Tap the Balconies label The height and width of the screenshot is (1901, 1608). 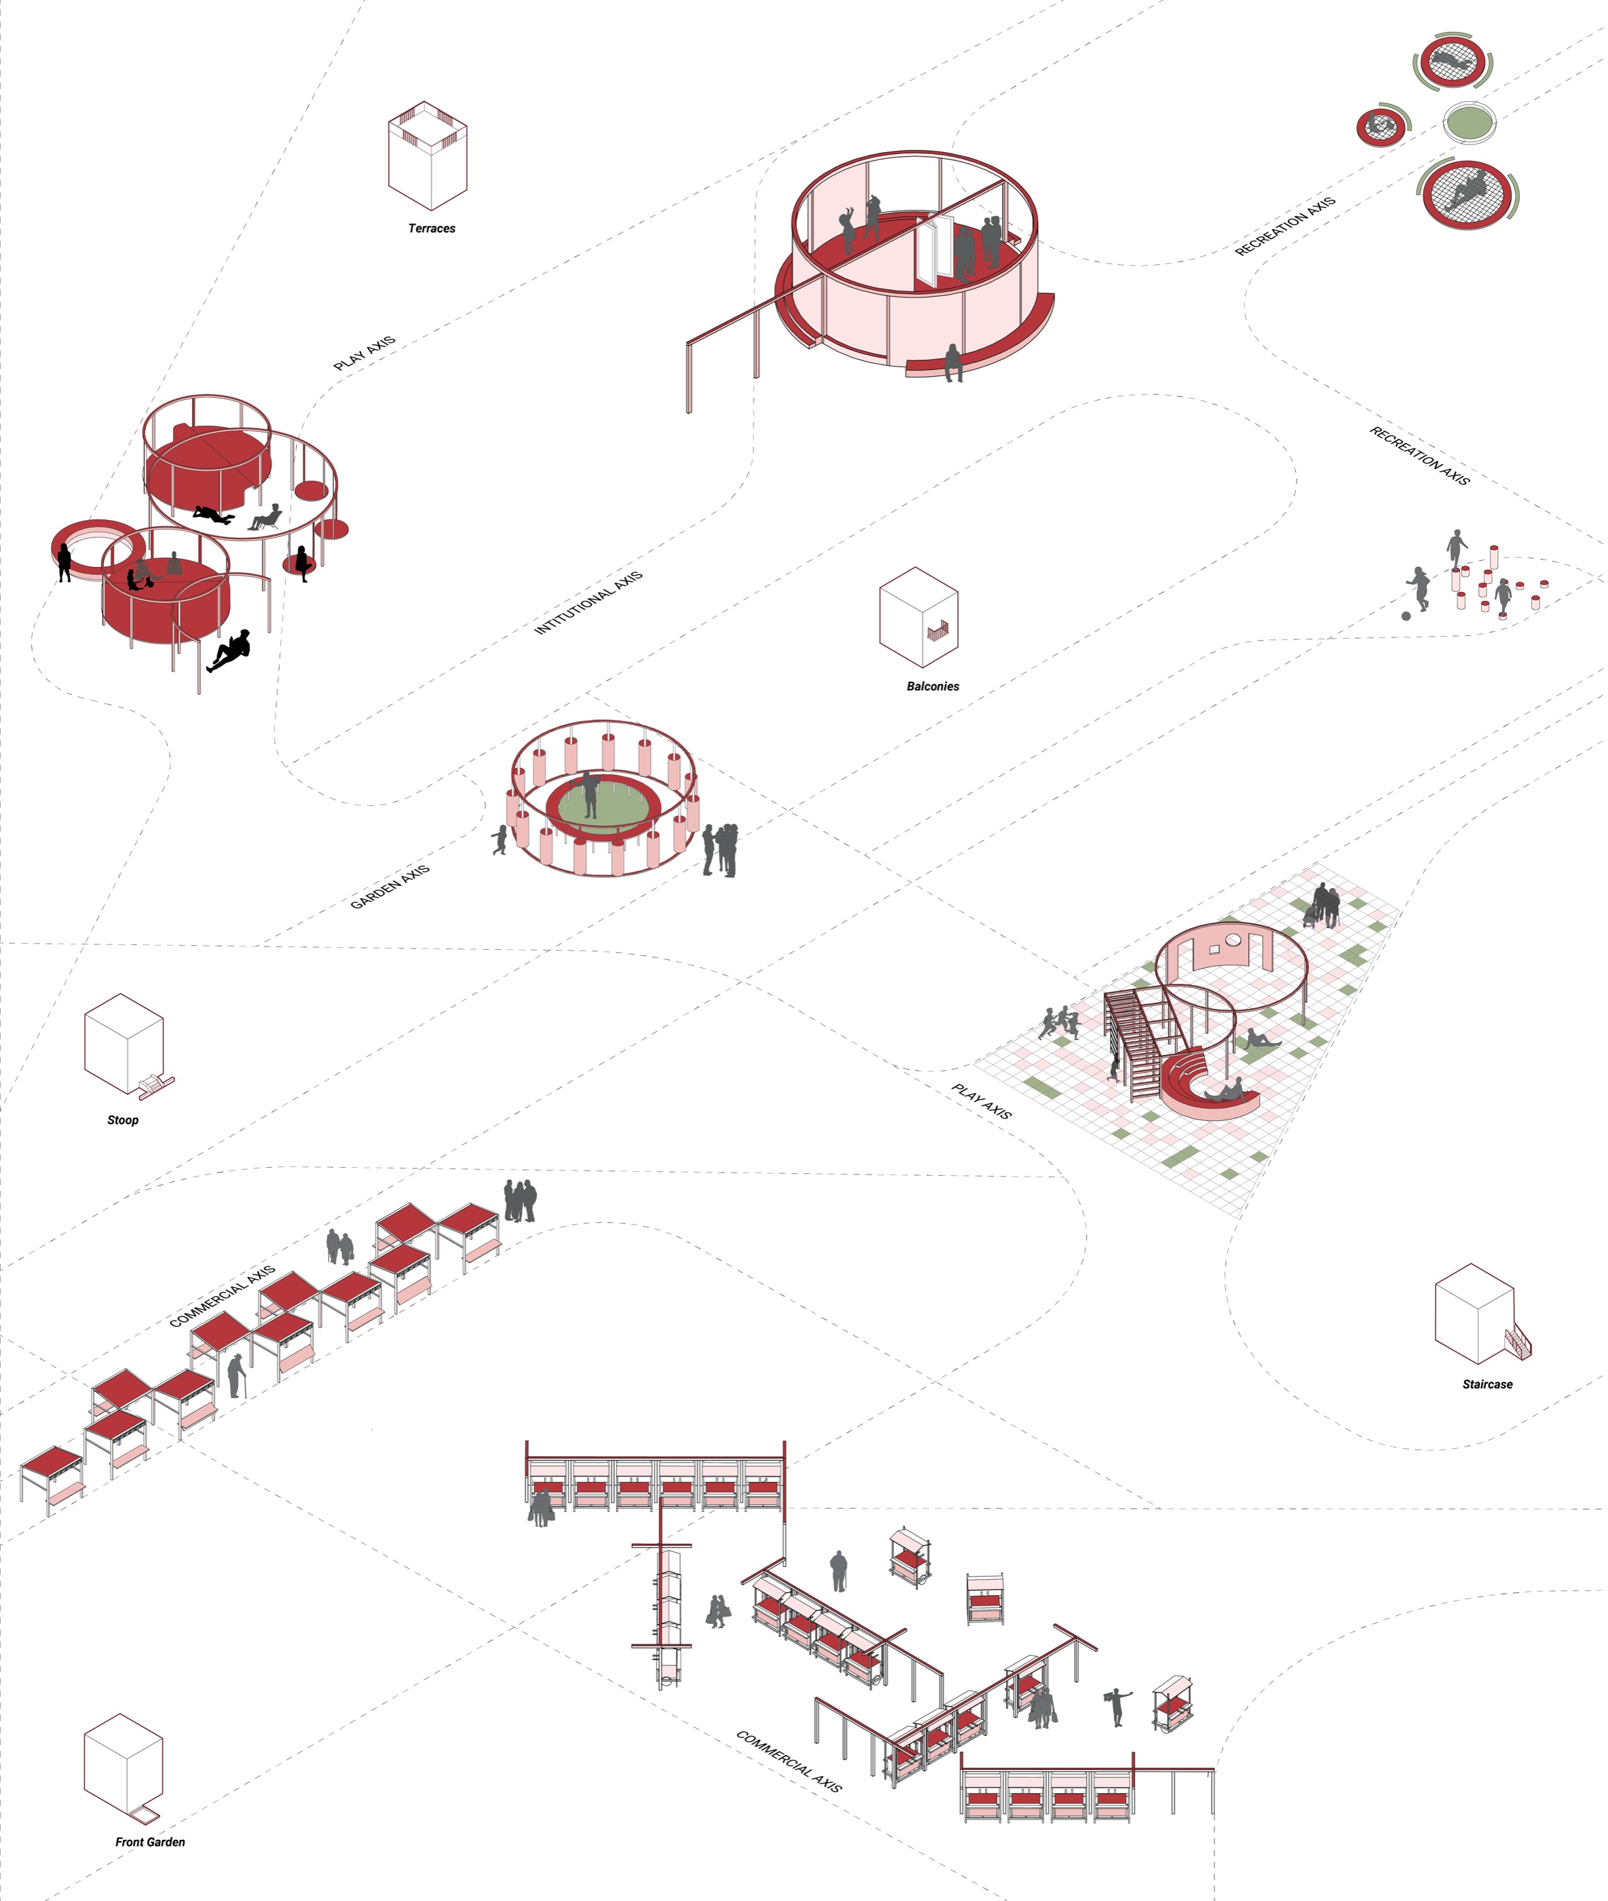click(x=933, y=686)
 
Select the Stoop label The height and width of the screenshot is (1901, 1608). click(x=123, y=1120)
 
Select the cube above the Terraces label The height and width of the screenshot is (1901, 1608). click(x=428, y=156)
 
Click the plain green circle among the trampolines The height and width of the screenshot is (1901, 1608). click(x=1470, y=122)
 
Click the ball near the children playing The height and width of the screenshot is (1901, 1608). click(x=1406, y=616)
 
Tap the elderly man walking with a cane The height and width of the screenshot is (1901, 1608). click(x=237, y=1375)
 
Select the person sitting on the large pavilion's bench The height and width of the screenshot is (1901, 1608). click(x=952, y=362)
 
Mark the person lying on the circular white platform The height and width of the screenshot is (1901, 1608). click(x=215, y=516)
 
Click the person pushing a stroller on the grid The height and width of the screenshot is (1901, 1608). click(x=1317, y=906)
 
